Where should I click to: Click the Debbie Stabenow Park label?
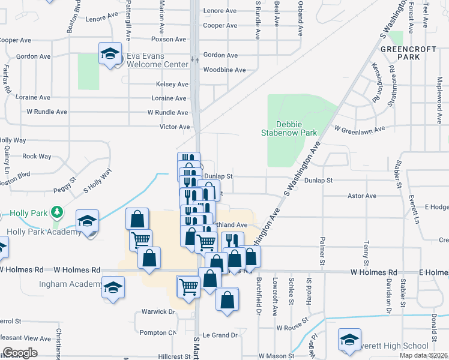tap(288, 127)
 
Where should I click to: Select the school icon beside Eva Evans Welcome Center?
tap(110, 55)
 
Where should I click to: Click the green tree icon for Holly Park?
tap(57, 212)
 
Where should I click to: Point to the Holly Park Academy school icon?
tap(88, 221)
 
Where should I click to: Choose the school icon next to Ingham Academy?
tap(113, 288)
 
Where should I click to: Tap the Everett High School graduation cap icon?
tap(349, 340)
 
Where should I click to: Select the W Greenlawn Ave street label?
tap(360, 129)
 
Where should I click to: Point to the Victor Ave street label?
tap(175, 127)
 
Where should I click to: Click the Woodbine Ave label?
tap(224, 70)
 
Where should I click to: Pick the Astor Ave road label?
tap(361, 196)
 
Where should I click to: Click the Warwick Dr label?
tap(158, 312)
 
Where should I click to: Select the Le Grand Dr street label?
tap(220, 335)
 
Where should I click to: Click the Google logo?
tap(20, 353)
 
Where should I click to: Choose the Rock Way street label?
tap(37, 157)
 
